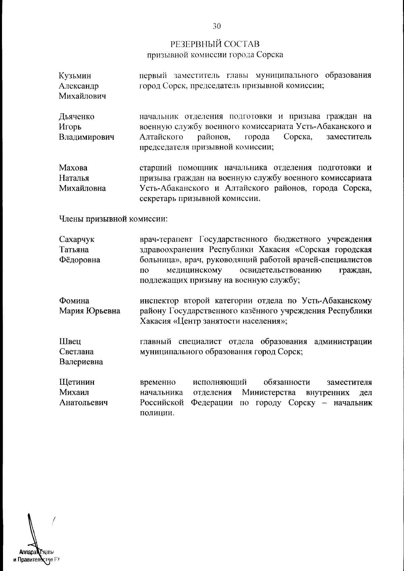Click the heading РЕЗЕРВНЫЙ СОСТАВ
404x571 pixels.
[215, 44]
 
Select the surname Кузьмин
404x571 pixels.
[75, 76]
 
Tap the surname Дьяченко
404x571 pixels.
[76, 117]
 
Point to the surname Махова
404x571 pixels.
[73, 168]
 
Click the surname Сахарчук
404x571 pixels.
[76, 239]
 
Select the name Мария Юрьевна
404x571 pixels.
[90, 311]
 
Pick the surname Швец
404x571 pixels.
[70, 342]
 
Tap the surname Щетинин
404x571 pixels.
[77, 382]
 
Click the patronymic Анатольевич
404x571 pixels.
[83, 403]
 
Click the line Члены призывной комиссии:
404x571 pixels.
[113, 219]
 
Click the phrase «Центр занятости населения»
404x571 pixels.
[229, 321]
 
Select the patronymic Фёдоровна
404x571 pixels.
[79, 260]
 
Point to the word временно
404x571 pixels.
[158, 382]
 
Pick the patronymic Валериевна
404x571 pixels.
[81, 362]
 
